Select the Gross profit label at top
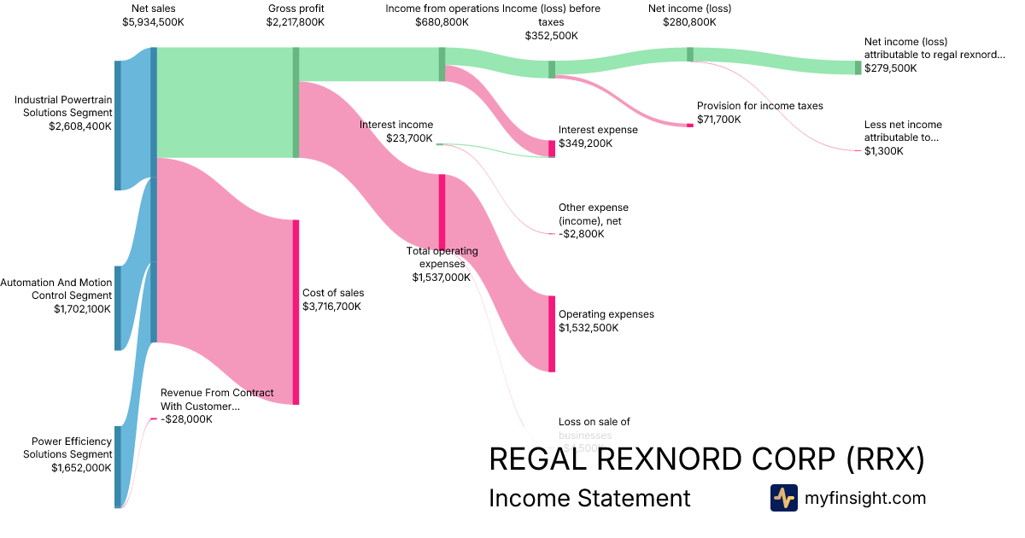(x=296, y=9)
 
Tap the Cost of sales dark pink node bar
(x=296, y=312)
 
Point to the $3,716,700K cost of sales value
(x=331, y=306)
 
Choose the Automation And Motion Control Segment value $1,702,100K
(x=82, y=309)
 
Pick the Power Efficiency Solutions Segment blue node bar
(x=118, y=466)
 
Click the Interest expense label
(x=598, y=130)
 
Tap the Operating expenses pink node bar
(x=552, y=333)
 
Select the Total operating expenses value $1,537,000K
(x=442, y=277)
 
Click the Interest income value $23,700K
(x=410, y=138)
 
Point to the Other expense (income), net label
(x=593, y=214)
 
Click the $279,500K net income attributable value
(x=890, y=67)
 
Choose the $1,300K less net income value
(x=883, y=151)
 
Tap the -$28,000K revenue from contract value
(x=186, y=419)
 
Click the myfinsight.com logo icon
(x=783, y=497)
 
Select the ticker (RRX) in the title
(x=885, y=459)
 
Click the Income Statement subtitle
(x=589, y=498)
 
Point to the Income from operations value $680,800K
(x=441, y=22)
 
